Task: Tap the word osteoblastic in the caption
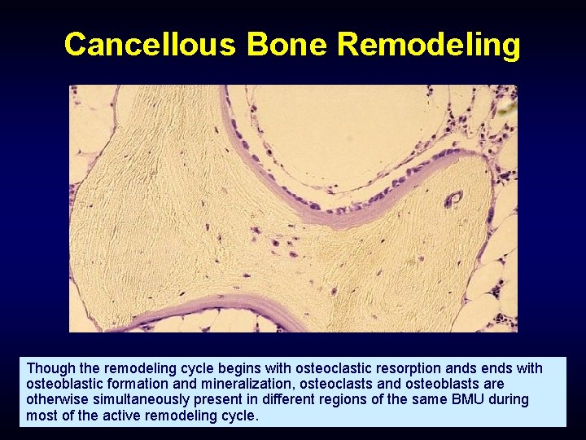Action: pos(66,385)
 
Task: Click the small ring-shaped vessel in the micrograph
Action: pos(453,199)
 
